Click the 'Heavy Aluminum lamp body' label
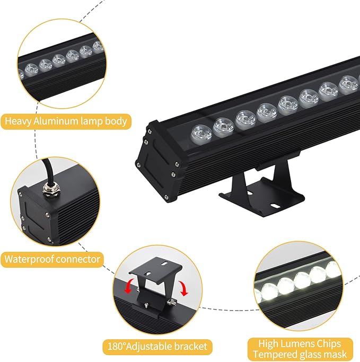tap(66, 121)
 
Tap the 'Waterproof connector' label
tap(52, 259)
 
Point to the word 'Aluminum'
tap(57, 121)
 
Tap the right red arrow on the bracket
tap(183, 289)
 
